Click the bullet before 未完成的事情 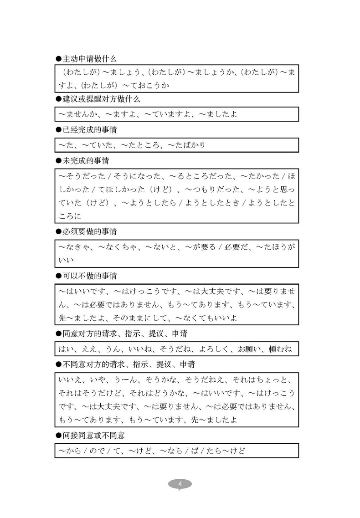click(x=58, y=161)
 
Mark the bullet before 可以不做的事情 click(x=58, y=276)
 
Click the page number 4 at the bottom click(x=180, y=483)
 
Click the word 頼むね click(x=283, y=349)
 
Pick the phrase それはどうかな click(x=159, y=393)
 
